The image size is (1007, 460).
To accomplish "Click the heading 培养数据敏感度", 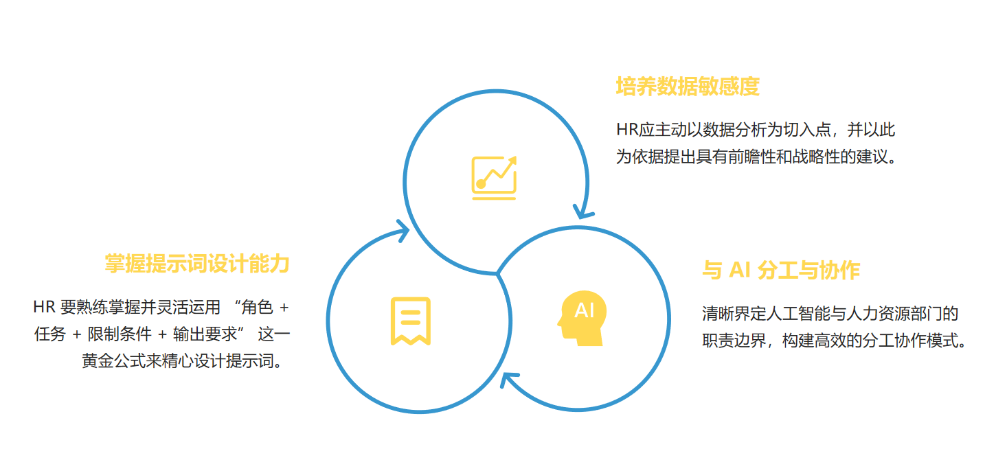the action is [688, 87].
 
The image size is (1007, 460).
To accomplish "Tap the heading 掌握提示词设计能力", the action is [197, 264].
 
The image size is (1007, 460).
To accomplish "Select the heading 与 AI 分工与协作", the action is [781, 271].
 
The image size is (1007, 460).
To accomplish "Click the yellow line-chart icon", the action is [494, 178].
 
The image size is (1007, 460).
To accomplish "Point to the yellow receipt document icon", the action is [411, 321].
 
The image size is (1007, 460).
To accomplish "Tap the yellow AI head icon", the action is [582, 318].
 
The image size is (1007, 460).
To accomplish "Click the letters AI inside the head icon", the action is [585, 310].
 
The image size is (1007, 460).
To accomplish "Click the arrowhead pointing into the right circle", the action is [583, 212].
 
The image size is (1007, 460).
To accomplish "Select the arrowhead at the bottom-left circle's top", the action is [403, 231].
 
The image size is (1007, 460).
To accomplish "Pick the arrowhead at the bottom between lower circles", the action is [509, 380].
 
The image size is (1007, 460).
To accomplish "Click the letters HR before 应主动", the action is [627, 130].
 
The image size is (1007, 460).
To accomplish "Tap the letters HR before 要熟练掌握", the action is [43, 308].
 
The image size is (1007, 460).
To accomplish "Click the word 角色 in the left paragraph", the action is [257, 308].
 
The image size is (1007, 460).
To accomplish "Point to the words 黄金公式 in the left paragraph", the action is [113, 360].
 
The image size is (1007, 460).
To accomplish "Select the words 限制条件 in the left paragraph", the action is [120, 334].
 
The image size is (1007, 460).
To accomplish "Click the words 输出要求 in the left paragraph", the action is [205, 334].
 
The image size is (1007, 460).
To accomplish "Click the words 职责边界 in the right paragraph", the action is [734, 341].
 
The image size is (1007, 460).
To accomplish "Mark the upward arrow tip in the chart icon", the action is [515, 158].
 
